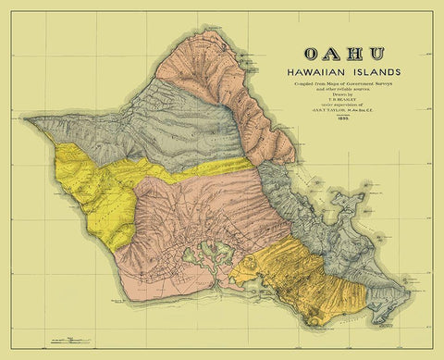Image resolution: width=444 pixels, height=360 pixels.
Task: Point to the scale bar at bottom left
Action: point(74,340)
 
